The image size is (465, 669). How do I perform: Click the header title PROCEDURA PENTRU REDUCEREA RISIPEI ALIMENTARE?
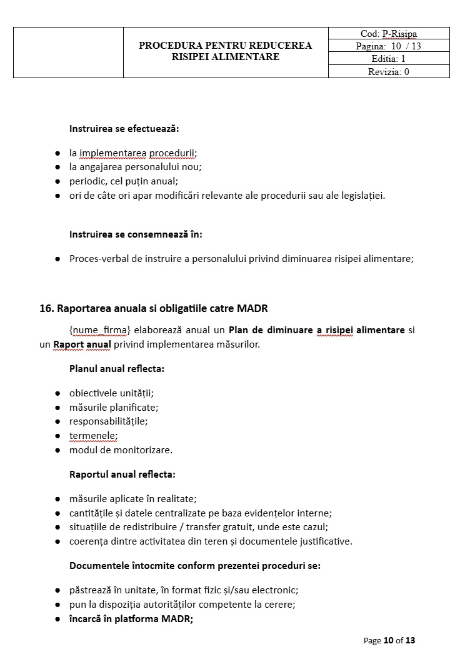point(225,51)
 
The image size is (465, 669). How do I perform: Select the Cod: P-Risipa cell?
point(389,34)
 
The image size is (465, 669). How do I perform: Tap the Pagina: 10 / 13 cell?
point(389,46)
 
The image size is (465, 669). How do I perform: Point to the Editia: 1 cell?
point(389,59)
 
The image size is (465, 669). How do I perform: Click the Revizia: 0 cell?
point(389,71)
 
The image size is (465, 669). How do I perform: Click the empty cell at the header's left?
point(68,53)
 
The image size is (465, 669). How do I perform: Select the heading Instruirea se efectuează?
point(124,129)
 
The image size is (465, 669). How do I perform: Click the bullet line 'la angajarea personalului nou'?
point(135,167)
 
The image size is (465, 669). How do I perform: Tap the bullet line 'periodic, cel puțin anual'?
point(124,181)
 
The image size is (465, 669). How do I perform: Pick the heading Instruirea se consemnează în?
point(136,234)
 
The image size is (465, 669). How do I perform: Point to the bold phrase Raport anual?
point(82,345)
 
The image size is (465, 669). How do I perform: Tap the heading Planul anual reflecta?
point(117,369)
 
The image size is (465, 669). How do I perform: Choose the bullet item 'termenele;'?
point(93,436)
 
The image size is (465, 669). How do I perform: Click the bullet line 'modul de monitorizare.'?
point(121,450)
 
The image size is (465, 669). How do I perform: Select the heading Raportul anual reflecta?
point(122,475)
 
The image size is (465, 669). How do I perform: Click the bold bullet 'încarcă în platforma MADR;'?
point(131,619)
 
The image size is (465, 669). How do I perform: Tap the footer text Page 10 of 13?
point(389,640)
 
